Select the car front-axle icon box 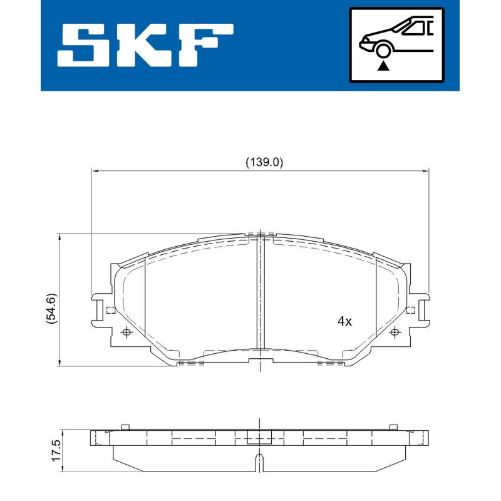[x=396, y=45]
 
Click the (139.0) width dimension [x=264, y=162]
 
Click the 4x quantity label [x=344, y=321]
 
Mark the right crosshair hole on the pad [x=395, y=333]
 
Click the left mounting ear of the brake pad [x=100, y=309]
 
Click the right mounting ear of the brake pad [x=420, y=309]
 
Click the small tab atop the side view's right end [x=393, y=426]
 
